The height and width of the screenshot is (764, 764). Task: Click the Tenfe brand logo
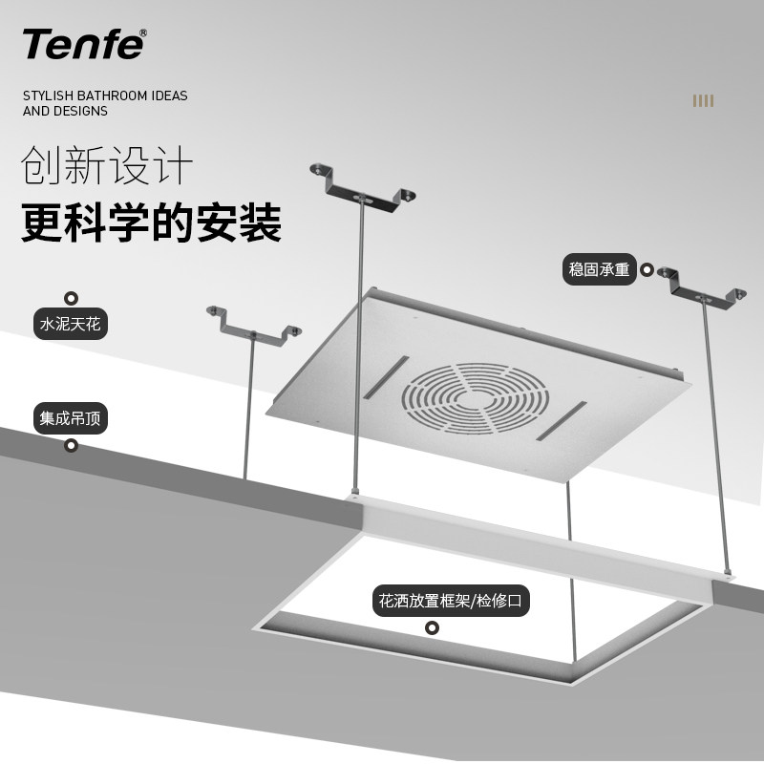click(x=83, y=43)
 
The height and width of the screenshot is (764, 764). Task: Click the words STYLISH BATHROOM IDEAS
click(x=105, y=95)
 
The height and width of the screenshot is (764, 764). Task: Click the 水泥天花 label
click(x=70, y=324)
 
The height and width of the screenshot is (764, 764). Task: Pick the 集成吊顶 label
click(x=70, y=418)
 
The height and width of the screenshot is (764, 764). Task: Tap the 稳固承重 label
click(x=599, y=270)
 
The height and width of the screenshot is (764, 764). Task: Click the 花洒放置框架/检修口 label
click(x=452, y=603)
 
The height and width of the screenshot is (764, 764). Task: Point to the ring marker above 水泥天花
click(x=71, y=298)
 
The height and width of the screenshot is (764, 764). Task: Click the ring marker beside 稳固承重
click(x=647, y=270)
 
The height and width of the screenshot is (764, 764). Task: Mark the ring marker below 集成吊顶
click(x=71, y=445)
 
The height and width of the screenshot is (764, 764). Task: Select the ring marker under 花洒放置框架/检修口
click(x=432, y=627)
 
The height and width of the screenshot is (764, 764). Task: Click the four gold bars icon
click(x=703, y=101)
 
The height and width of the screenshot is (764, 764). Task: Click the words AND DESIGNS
click(x=65, y=111)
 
